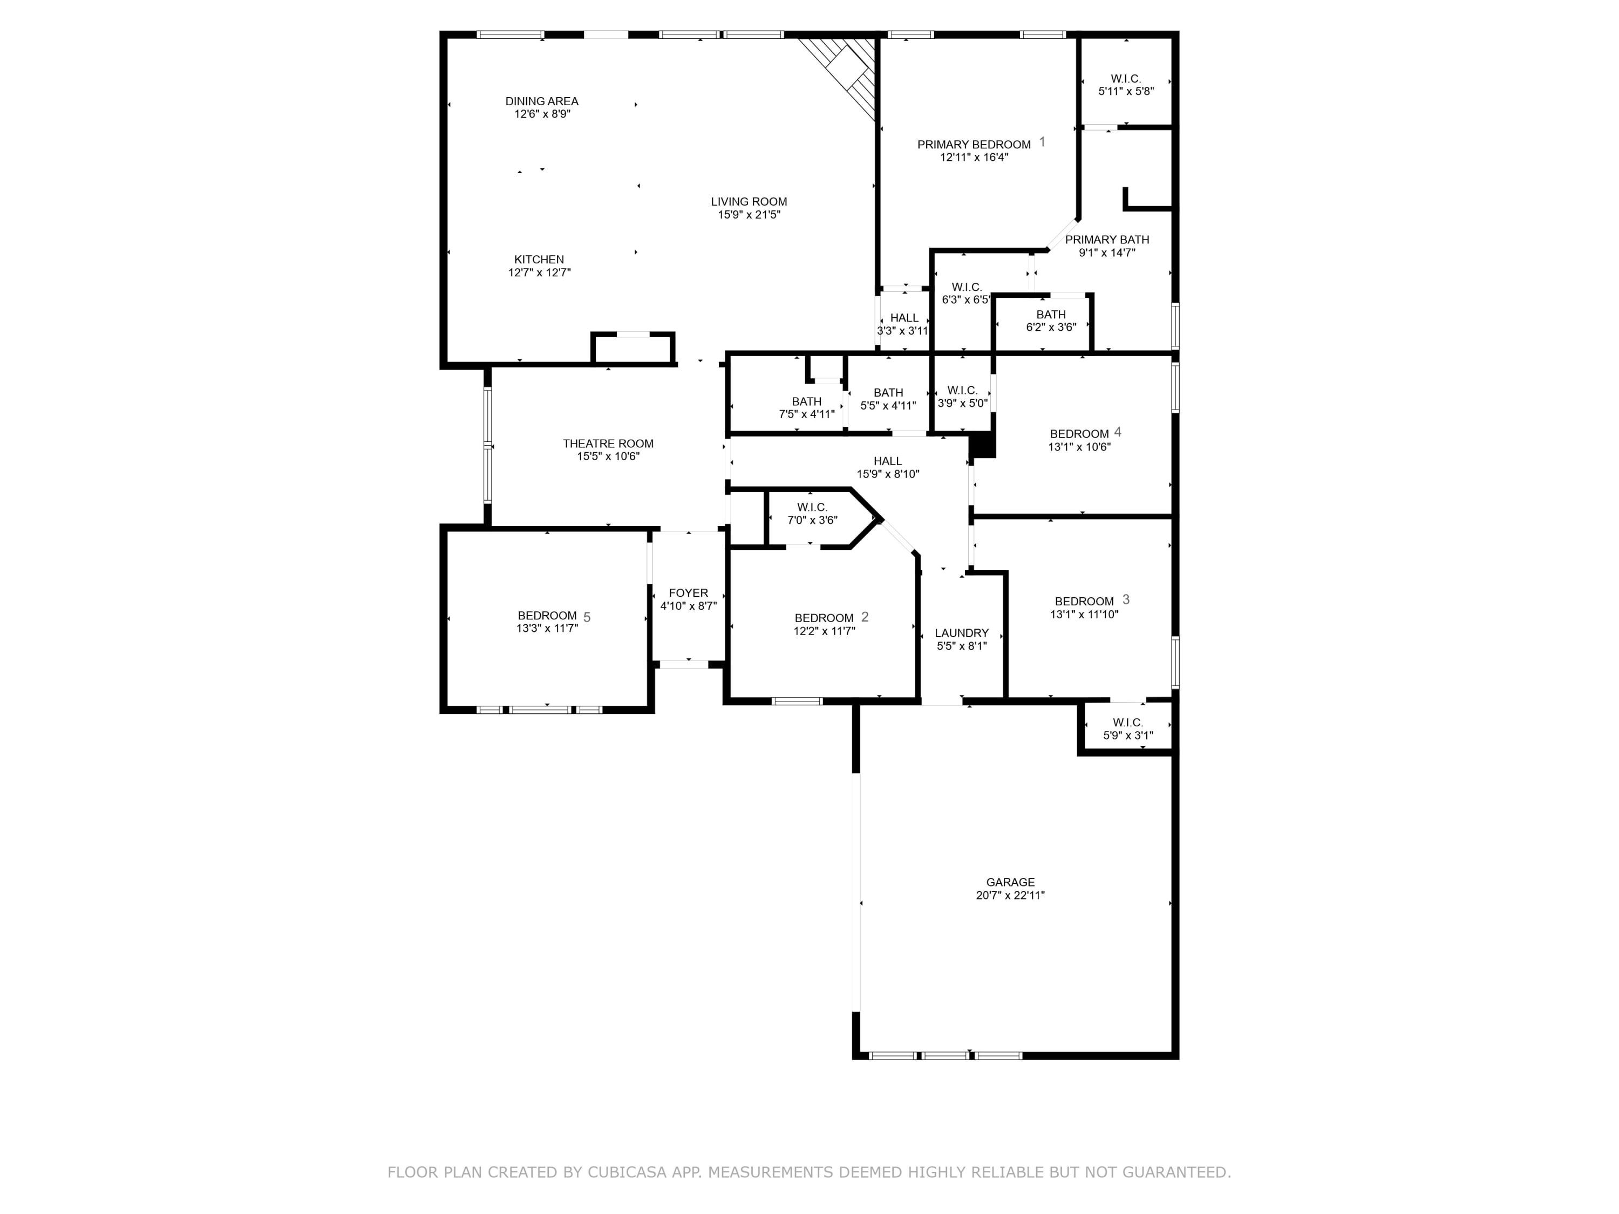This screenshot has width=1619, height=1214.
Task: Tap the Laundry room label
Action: click(962, 633)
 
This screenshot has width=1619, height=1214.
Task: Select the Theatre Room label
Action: click(608, 444)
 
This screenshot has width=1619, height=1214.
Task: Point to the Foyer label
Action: click(689, 593)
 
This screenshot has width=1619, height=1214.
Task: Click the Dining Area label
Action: click(542, 101)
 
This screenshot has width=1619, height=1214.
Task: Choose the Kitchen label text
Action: click(540, 259)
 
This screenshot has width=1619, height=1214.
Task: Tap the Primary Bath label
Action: click(1107, 239)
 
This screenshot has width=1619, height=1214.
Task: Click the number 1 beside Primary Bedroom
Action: click(1042, 142)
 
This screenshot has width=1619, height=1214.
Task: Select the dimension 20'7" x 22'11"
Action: click(1010, 895)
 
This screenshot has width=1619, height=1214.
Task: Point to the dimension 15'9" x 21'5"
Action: click(749, 214)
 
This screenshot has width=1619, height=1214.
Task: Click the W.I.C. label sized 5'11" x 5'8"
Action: click(1126, 78)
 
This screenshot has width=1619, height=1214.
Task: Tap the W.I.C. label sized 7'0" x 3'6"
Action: click(812, 507)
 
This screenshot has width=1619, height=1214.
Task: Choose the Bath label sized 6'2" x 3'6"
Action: click(1051, 315)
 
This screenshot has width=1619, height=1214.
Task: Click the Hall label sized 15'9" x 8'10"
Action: click(888, 461)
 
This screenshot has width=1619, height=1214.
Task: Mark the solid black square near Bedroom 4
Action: click(982, 446)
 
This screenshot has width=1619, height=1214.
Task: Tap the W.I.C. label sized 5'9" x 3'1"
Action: click(1128, 722)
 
